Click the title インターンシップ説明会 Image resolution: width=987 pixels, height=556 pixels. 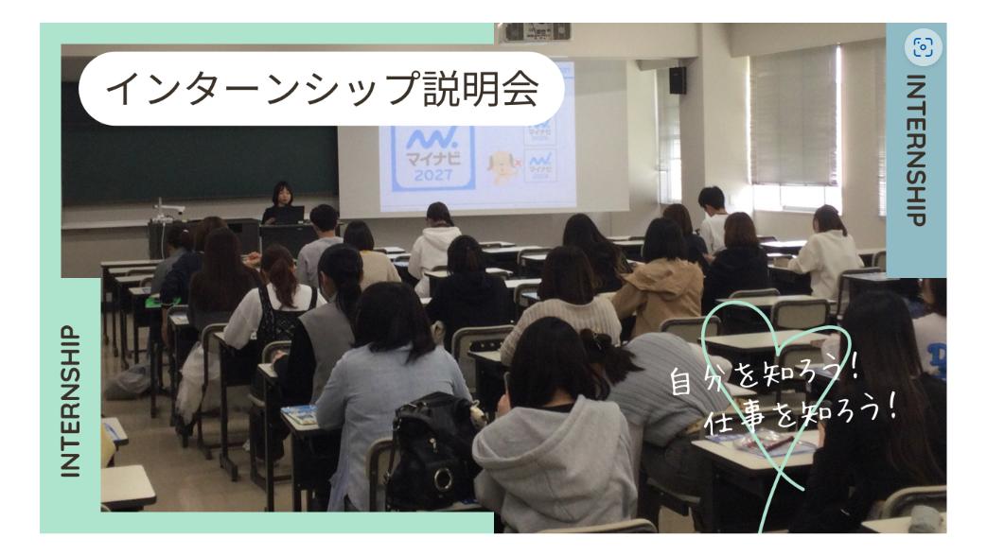pyautogui.click(x=322, y=89)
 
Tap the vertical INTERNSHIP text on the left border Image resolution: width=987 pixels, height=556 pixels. pyautogui.click(x=70, y=401)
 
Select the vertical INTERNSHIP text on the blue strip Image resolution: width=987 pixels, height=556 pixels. pyautogui.click(x=916, y=150)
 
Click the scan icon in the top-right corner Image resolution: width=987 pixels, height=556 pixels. pyautogui.click(x=923, y=47)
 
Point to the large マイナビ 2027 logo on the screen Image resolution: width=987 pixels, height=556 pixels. pyautogui.click(x=432, y=157)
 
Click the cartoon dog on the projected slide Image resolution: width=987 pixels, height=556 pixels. pyautogui.click(x=502, y=166)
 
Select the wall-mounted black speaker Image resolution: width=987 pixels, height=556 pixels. pyautogui.click(x=678, y=80)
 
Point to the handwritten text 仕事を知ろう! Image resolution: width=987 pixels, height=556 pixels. pyautogui.click(x=801, y=416)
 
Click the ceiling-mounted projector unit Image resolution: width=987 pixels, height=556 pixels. pyautogui.click(x=536, y=32)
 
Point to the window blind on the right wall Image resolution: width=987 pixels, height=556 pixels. pyautogui.click(x=792, y=117)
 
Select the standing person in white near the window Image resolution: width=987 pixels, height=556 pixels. pyautogui.click(x=713, y=219)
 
